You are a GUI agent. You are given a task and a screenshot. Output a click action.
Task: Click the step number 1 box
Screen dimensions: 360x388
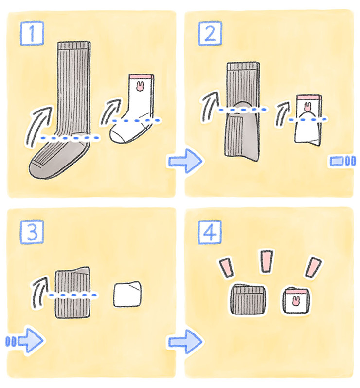pos(32,34)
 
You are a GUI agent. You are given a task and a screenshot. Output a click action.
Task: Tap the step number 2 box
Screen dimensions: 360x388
pos(210,34)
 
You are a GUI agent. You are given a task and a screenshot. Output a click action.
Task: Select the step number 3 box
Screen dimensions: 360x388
pos(32,232)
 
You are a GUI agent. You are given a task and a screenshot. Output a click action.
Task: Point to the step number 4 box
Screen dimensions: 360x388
pos(210,232)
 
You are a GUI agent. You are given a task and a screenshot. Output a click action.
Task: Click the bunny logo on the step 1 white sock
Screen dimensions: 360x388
pos(140,86)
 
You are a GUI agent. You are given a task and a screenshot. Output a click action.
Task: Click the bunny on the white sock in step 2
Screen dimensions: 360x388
pos(307,107)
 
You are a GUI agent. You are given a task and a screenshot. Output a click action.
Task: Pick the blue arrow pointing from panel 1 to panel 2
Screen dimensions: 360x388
pos(185,161)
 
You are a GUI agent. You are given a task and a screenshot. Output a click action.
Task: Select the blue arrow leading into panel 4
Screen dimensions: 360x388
pos(185,342)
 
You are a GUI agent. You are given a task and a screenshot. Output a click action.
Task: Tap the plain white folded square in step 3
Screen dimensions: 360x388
pos(127,294)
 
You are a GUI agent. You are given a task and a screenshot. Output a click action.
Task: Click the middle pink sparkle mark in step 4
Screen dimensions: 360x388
pos(267,261)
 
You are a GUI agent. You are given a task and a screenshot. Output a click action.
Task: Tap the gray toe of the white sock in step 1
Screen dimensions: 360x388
pos(116,137)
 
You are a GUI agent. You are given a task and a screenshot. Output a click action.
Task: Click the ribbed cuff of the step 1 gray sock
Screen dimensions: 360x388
pos(74,46)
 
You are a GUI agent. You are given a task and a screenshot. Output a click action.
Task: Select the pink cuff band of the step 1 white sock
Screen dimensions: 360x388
pos(142,77)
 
